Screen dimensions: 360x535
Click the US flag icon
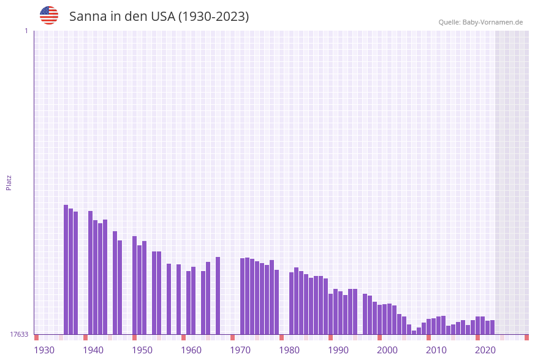click(49, 15)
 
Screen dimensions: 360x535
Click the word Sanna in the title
click(88, 17)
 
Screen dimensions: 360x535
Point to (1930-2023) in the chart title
click(213, 17)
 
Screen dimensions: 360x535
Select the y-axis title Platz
click(9, 182)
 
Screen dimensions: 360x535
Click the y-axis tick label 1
click(26, 31)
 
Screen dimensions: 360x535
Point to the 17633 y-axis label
click(19, 334)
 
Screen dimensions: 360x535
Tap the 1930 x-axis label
click(44, 350)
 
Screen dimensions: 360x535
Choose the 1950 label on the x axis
click(142, 350)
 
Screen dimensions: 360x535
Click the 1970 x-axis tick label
click(240, 350)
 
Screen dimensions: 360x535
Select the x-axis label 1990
click(338, 350)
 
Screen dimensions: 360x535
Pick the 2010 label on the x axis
click(436, 350)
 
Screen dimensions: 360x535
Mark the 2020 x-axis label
click(485, 350)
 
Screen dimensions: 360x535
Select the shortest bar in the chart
click(414, 332)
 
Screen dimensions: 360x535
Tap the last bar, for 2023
click(493, 327)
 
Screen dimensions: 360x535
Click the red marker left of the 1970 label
click(233, 337)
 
